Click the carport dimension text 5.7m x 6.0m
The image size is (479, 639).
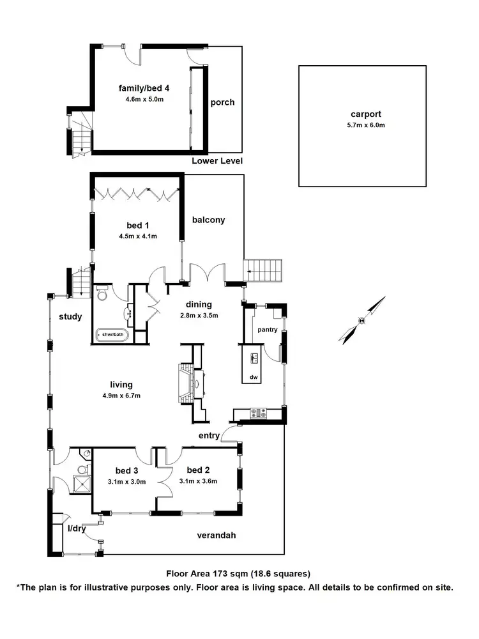tap(361, 125)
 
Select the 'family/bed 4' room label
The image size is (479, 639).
tap(144, 88)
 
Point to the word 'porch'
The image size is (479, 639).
tap(222, 102)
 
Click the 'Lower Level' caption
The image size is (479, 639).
tap(217, 161)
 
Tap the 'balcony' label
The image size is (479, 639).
tap(209, 220)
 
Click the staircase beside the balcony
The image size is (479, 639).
tap(264, 270)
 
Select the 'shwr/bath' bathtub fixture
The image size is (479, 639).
tap(112, 334)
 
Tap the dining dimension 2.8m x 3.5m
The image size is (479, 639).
tap(199, 316)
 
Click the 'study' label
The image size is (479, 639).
tap(70, 316)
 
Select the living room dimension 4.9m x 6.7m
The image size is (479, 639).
tap(121, 396)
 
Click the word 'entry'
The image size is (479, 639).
tap(209, 436)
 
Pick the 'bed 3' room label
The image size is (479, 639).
tap(126, 470)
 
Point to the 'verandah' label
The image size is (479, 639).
tap(216, 535)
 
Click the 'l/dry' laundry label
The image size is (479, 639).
tap(77, 528)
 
